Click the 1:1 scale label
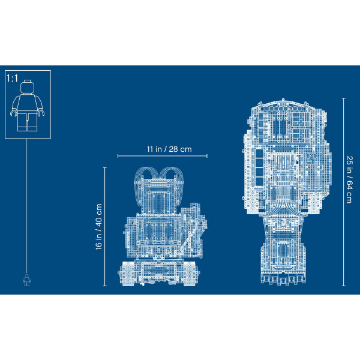(x=12, y=78)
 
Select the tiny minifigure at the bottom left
(x=26, y=279)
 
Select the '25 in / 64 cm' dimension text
(x=349, y=179)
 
